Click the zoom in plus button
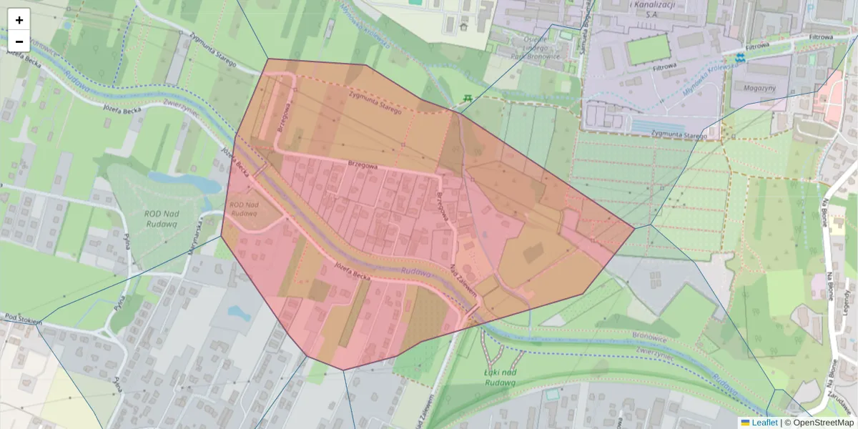click(x=19, y=20)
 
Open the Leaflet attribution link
click(x=764, y=423)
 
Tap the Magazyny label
click(x=759, y=88)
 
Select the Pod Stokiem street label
click(x=23, y=319)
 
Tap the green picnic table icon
click(x=467, y=97)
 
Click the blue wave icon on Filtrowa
click(x=741, y=56)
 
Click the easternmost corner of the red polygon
click(x=634, y=228)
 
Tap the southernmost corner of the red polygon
click(x=343, y=370)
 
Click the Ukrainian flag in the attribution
click(x=746, y=423)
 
